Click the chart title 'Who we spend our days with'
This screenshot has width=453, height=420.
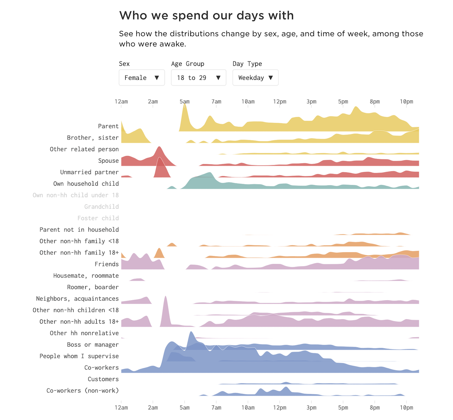pyautogui.click(x=206, y=15)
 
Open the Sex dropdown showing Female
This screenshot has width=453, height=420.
pyautogui.click(x=142, y=78)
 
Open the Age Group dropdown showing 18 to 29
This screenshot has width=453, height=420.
pyautogui.click(x=198, y=78)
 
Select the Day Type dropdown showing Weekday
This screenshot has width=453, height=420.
pyautogui.click(x=255, y=78)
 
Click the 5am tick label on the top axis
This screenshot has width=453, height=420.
pyautogui.click(x=185, y=102)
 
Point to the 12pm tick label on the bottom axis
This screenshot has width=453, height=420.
pyautogui.click(x=280, y=408)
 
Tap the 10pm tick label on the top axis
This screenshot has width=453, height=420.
pyautogui.click(x=407, y=102)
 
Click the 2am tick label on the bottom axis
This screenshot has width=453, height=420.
pyautogui.click(x=153, y=408)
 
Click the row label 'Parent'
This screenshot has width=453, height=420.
pyautogui.click(x=108, y=126)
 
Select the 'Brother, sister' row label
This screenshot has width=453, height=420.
pyautogui.click(x=92, y=138)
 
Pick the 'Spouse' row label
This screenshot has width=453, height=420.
pyautogui.click(x=108, y=161)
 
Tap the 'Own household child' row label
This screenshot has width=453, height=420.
pyautogui.click(x=86, y=184)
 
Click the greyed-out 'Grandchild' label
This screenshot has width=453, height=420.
pyautogui.click(x=101, y=207)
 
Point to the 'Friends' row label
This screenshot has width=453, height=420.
pyautogui.click(x=106, y=264)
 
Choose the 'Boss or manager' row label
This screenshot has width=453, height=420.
pyautogui.click(x=92, y=345)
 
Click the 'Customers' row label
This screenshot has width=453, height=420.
pyautogui.click(x=103, y=379)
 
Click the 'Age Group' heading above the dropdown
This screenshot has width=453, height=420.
pyautogui.click(x=188, y=64)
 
